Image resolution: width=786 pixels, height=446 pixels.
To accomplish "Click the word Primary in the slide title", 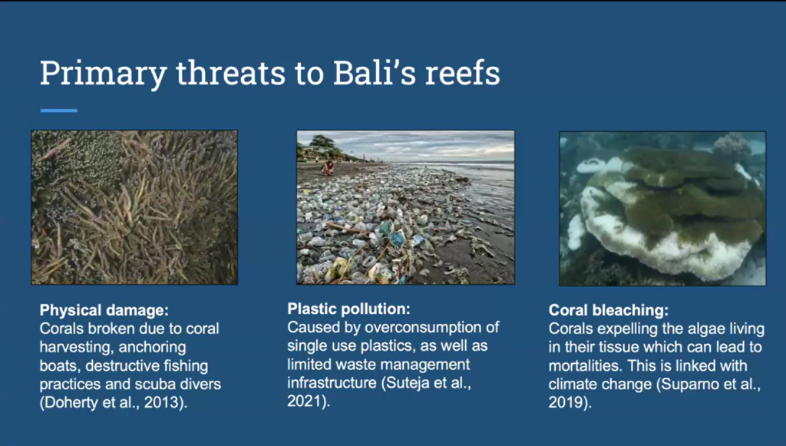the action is [104, 74].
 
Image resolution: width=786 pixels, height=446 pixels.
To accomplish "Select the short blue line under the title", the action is [58, 111].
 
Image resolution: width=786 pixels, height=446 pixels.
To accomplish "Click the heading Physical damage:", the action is [104, 310].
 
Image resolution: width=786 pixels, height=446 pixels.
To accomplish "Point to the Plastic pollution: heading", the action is [349, 309].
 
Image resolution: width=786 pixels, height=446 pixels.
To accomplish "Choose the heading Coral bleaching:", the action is [609, 310].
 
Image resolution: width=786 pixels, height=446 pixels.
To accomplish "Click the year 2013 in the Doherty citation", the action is [160, 402].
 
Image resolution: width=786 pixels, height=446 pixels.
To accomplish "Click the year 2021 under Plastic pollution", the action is [303, 401].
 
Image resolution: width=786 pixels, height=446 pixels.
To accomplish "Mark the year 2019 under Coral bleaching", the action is [565, 402].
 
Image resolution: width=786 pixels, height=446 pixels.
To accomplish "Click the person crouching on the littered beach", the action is [328, 167].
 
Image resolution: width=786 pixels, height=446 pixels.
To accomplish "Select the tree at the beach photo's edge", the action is [322, 142].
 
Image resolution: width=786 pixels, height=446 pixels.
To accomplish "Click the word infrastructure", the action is [332, 383].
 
